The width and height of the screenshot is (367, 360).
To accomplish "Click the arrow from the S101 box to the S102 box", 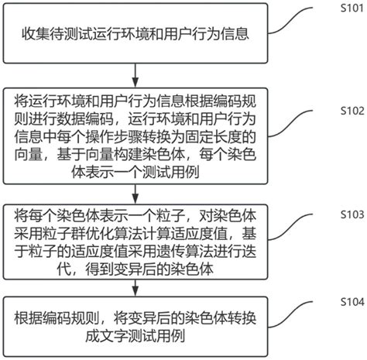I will click(137, 74).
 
